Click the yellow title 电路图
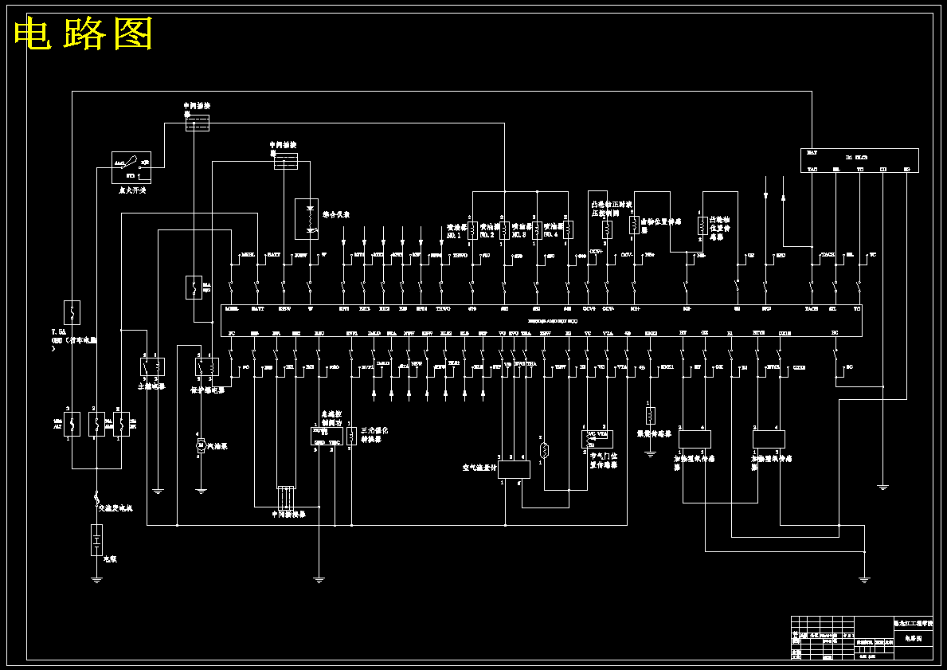tap(84, 34)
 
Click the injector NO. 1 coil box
tap(472, 230)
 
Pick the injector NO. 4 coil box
tap(568, 230)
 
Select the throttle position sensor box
tap(597, 439)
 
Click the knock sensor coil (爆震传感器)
tap(651, 415)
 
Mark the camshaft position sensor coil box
tap(702, 228)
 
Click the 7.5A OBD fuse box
tap(72, 312)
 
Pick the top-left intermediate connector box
tap(197, 123)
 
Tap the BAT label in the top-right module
tap(812, 152)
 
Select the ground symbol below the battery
tap(96, 580)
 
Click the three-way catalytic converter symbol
tap(351, 437)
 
